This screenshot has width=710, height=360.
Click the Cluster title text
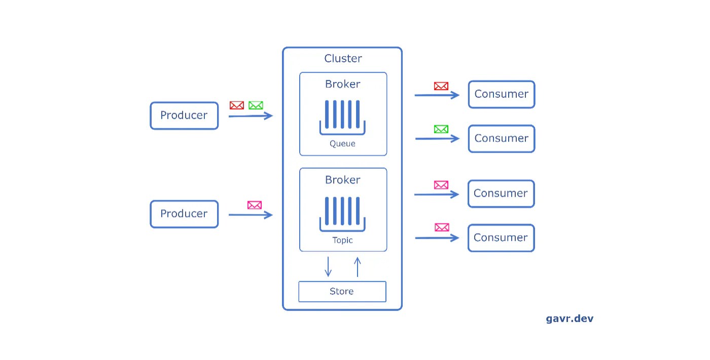343,58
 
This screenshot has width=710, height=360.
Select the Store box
342,292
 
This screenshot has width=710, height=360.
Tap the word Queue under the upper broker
342,143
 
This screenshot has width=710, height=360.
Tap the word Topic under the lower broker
342,240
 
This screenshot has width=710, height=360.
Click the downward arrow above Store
328,267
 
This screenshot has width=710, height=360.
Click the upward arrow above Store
357,267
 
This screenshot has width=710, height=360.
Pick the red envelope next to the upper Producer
236,105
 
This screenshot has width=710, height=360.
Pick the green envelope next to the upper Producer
256,105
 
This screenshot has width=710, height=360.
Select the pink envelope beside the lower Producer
254,205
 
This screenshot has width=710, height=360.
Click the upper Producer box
184,116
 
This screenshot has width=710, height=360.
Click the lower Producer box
184,214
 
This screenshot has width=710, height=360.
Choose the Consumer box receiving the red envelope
501,94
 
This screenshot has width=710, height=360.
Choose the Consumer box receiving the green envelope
501,138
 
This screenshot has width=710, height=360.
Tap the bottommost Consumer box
501,238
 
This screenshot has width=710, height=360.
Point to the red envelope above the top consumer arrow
441,86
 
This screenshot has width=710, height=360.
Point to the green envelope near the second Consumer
441,129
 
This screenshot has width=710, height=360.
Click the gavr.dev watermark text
570,318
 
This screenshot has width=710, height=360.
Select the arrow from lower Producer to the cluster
251,215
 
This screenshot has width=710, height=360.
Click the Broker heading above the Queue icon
343,84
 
